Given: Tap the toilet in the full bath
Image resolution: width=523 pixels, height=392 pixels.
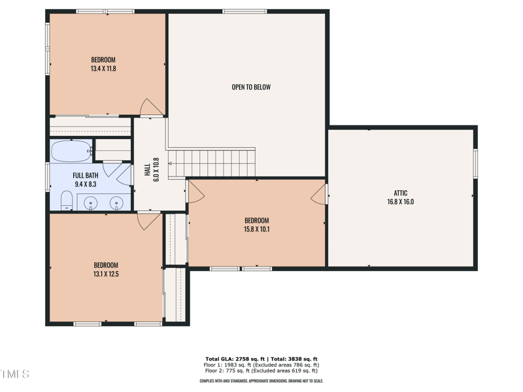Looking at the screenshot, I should coord(67,201).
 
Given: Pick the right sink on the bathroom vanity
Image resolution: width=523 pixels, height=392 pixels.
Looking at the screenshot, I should coord(116,203).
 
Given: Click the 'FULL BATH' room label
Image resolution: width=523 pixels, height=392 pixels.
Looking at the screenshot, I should coord(86,175).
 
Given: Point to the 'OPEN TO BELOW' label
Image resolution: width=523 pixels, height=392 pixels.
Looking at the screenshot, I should coord(251,87).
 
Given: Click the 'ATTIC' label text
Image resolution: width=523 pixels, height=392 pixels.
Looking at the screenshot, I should coord(401,193).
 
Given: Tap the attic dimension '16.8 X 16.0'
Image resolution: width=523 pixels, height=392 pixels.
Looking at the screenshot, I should coord(401,202).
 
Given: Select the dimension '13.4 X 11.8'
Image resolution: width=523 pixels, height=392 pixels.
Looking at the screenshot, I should coord(103,69).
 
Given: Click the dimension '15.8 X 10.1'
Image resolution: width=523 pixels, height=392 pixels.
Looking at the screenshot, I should coord(256,229).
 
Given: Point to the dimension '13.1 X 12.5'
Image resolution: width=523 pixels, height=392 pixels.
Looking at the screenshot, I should coord(106,274).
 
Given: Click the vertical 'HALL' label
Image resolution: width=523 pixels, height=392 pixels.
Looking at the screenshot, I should coord(147,169).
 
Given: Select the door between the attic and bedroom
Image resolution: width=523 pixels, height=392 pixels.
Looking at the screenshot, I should coord(320,194).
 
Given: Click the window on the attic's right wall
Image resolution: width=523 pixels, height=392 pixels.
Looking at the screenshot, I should coord(475,163).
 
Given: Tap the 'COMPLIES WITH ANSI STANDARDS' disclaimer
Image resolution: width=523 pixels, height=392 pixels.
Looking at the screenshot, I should coord(261,381).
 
